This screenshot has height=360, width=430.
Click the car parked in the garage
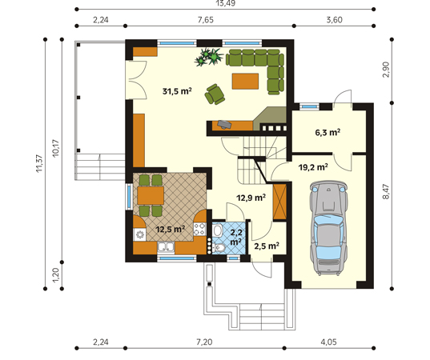point(329,227)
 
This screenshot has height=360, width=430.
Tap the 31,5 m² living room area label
point(177,91)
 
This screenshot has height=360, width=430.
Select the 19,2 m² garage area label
point(313,167)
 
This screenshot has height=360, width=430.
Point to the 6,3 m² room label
point(328,132)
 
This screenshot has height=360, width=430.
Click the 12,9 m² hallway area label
point(251,198)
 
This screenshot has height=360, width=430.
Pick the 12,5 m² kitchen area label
point(171,229)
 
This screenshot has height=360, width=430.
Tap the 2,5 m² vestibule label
point(267,246)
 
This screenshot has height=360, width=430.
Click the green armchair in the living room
point(215,94)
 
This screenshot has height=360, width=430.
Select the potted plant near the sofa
point(208,57)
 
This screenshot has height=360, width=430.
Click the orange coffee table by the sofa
point(245,81)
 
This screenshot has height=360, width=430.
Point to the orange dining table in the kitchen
point(151,195)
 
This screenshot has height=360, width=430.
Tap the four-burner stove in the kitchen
point(200,229)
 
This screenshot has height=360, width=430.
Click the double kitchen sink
point(166,247)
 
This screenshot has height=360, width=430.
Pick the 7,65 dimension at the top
point(206,20)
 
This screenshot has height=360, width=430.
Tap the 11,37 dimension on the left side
point(39,163)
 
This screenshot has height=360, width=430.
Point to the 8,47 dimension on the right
point(386,191)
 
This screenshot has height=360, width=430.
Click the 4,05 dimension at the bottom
point(328,342)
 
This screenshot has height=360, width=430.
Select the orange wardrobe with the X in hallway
point(279,202)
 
